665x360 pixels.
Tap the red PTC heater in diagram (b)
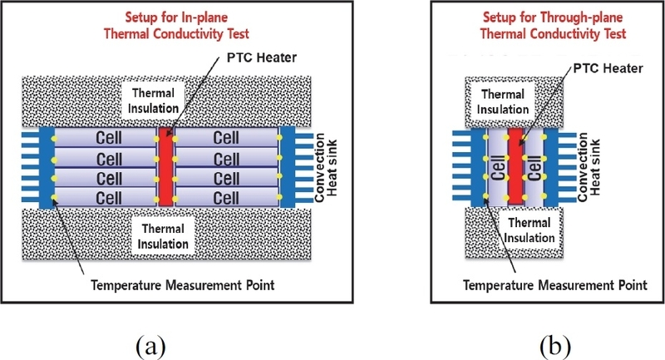tap(515, 166)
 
